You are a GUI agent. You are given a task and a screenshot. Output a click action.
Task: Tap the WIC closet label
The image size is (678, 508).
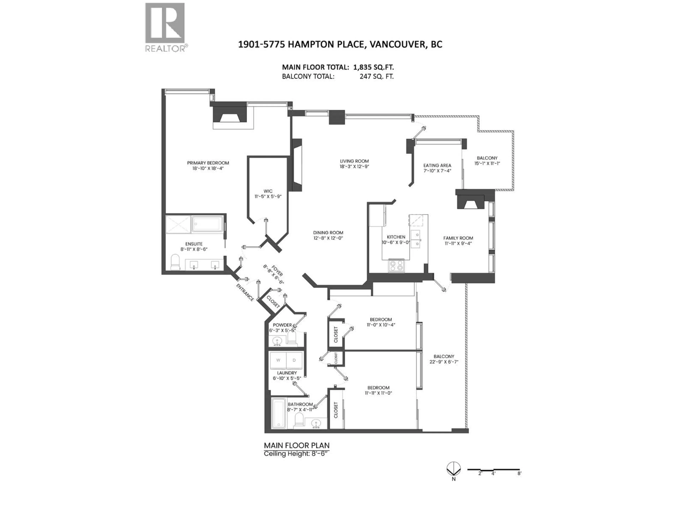(x=268, y=191)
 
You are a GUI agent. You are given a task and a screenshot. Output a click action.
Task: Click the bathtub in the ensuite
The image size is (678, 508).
(x=207, y=224)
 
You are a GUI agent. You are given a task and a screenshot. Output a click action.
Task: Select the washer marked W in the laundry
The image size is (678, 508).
(x=278, y=360)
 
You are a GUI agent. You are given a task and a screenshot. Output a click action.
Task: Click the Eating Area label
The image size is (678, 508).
(x=437, y=165)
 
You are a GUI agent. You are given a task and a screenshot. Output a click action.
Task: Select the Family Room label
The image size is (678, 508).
(x=458, y=238)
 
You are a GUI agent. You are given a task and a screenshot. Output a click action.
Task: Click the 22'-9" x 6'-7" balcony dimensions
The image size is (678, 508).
(x=444, y=362)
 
